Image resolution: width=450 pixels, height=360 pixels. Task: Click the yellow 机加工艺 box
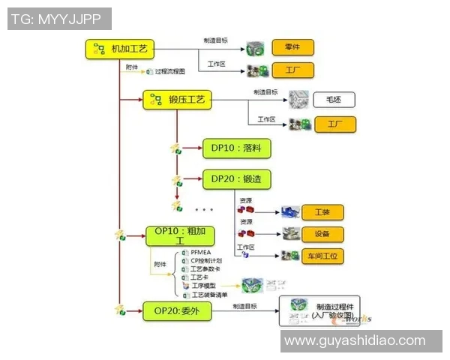point(119,49)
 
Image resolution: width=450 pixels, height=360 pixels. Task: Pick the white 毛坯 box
point(327,99)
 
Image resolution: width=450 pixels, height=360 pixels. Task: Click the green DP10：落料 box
point(235,148)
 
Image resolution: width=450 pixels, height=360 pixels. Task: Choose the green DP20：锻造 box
point(235,179)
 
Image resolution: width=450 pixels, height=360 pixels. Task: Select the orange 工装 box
point(322,211)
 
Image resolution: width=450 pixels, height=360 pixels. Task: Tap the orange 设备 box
point(322,233)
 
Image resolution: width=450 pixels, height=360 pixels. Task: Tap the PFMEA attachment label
point(202,253)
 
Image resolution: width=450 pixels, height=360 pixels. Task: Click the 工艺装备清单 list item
point(210,295)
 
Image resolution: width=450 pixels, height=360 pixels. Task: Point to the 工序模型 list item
point(204,286)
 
